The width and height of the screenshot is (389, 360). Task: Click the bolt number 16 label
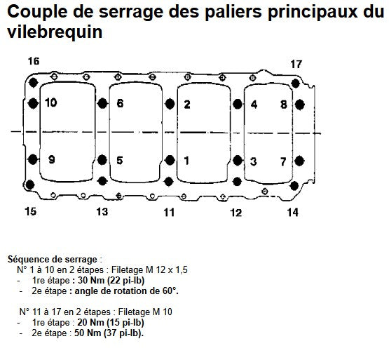point(34,61)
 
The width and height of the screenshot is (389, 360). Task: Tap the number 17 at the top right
point(296,64)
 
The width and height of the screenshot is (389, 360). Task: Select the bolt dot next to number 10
point(33,103)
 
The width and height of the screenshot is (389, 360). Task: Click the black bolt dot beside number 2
point(170,104)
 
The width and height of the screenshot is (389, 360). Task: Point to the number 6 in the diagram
point(120,103)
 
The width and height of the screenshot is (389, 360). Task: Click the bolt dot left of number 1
point(170,160)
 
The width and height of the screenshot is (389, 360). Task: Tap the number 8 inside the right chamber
point(284,105)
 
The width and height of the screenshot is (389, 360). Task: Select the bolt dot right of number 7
point(299,161)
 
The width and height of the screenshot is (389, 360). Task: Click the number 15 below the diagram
point(31,211)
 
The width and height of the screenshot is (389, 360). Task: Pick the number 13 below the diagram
point(102,212)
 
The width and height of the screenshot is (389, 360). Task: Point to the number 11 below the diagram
point(169,213)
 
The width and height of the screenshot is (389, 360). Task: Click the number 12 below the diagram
point(236,213)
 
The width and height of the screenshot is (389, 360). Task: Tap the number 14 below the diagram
point(292,213)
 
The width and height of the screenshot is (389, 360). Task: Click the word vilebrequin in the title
point(55,32)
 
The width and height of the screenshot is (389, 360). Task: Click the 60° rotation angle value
point(170,291)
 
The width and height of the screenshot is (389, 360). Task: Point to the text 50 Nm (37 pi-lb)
point(109,333)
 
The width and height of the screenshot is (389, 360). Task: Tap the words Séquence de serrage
point(53,260)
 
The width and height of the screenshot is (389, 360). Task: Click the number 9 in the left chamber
point(52,159)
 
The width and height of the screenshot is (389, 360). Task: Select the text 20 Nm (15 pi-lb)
point(111,323)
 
